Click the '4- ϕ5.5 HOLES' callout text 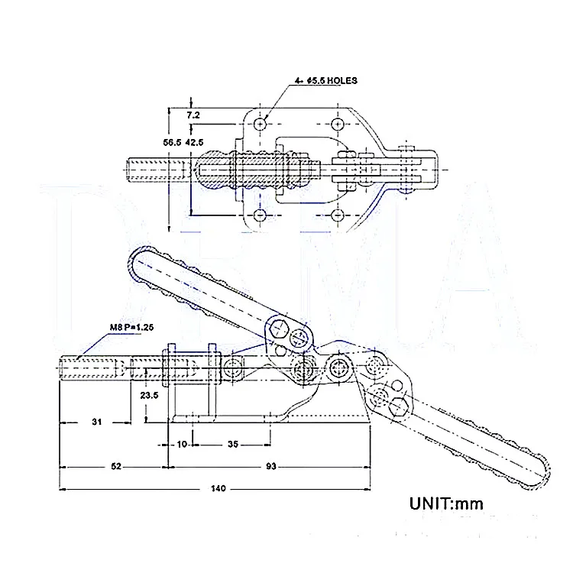click(x=326, y=81)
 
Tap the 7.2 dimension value click(x=193, y=115)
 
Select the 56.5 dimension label click(x=172, y=143)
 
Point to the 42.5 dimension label click(x=194, y=143)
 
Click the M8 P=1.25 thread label click(x=132, y=327)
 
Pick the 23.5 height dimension click(x=149, y=395)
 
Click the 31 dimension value click(x=96, y=422)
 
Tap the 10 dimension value click(x=182, y=444)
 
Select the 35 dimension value click(x=233, y=444)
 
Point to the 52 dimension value click(x=116, y=466)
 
